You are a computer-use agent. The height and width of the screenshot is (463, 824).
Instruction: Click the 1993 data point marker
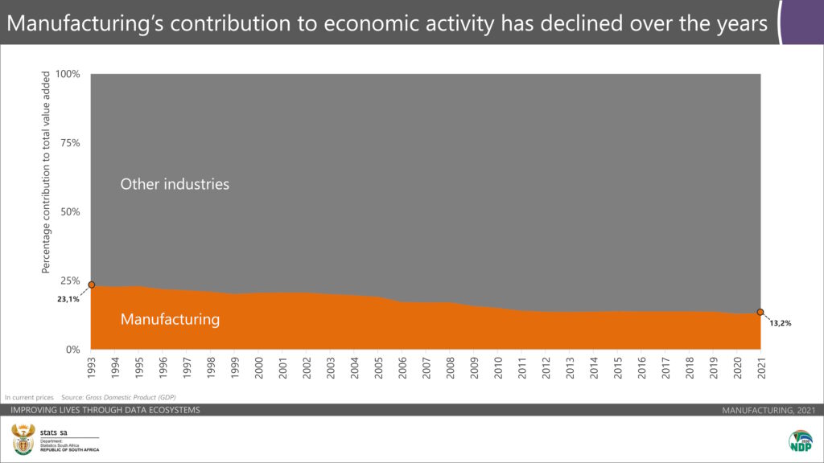91,285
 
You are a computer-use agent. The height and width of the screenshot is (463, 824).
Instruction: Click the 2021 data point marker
760,312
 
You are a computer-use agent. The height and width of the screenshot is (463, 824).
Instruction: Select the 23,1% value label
68,299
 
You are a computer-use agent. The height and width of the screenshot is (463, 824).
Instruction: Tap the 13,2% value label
781,323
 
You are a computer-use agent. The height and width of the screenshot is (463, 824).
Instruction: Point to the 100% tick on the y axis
68,74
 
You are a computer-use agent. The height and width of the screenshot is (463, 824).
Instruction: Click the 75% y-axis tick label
71,143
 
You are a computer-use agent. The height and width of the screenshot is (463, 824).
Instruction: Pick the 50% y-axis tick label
71,212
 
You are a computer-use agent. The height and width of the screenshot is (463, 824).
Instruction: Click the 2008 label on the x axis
450,367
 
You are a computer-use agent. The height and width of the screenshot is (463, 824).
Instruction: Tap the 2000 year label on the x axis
258,367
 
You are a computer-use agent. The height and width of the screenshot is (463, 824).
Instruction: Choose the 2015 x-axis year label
617,367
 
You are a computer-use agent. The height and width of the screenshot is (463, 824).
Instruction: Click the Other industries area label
175,184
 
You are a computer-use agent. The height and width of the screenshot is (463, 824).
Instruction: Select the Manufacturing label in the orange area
170,319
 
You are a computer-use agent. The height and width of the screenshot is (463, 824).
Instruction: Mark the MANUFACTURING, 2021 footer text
768,411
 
